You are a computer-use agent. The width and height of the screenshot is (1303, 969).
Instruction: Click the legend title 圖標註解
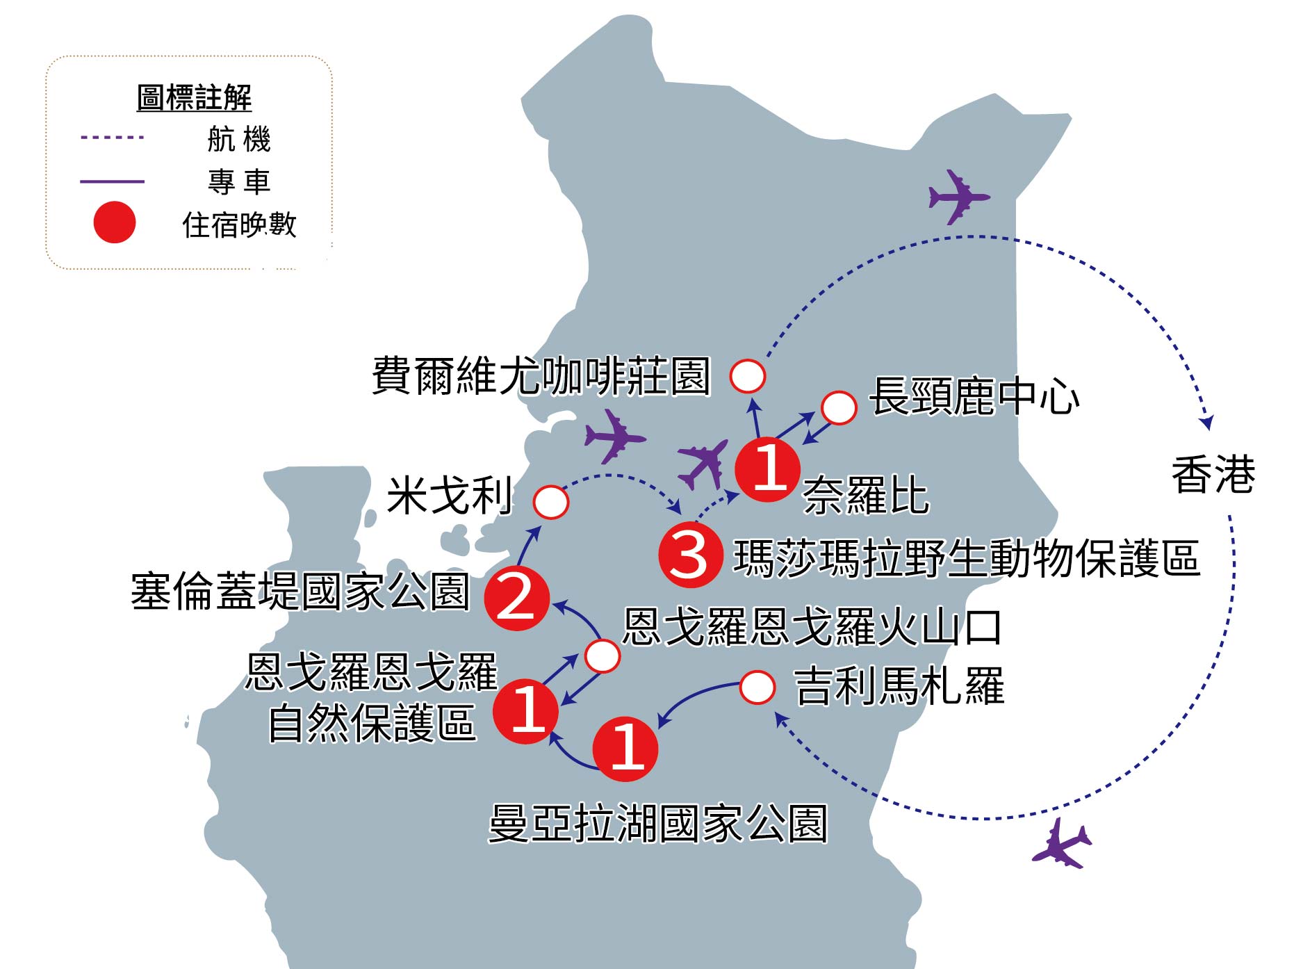[194, 98]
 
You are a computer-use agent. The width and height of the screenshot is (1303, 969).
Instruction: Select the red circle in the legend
[114, 222]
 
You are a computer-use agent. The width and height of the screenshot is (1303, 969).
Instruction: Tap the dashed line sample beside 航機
[113, 138]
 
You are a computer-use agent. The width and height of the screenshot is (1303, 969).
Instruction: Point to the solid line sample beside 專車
[113, 181]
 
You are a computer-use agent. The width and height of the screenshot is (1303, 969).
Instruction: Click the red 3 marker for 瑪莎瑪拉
[690, 554]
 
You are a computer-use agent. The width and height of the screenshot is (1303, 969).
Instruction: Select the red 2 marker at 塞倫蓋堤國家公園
[516, 598]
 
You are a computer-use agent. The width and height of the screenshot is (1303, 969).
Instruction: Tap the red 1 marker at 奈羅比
[768, 469]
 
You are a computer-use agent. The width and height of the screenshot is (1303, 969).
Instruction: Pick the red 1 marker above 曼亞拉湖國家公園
[625, 748]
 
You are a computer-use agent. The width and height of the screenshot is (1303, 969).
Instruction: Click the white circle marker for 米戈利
[550, 501]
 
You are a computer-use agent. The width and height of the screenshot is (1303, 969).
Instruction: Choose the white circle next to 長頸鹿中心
[839, 408]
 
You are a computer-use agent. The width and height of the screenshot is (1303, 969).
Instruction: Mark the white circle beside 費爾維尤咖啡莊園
[748, 376]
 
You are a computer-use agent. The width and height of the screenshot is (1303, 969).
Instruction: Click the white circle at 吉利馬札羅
[757, 687]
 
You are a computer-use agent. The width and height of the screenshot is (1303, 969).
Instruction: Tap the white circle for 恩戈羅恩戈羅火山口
[603, 655]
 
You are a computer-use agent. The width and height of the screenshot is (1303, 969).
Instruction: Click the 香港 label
[1213, 475]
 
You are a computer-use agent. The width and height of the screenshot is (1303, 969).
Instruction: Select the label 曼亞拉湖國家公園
[658, 824]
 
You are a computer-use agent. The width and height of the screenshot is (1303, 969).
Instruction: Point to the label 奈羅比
[866, 496]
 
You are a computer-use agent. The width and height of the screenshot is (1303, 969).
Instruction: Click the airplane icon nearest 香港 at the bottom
[1062, 844]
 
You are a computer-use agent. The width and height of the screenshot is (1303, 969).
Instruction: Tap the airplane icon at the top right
[959, 197]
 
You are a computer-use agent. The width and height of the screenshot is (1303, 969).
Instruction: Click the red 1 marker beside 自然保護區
[526, 710]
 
